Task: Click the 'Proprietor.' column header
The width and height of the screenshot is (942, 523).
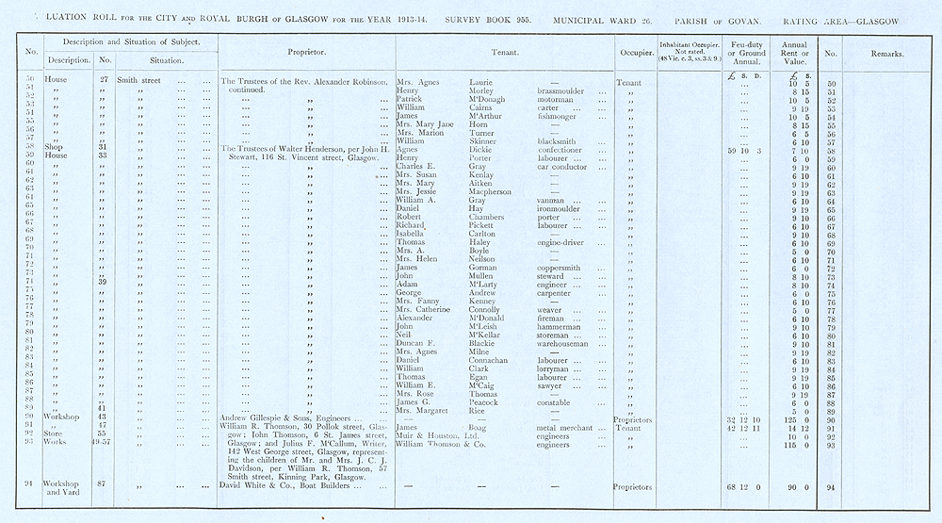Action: (307, 53)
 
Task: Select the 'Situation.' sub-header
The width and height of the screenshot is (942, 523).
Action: (164, 61)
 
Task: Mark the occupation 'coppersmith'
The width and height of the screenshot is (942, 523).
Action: (563, 268)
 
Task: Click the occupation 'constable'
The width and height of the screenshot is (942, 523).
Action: (557, 402)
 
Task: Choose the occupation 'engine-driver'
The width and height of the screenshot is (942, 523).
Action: (566, 242)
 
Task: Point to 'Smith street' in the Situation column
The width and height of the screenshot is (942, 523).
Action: (140, 82)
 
